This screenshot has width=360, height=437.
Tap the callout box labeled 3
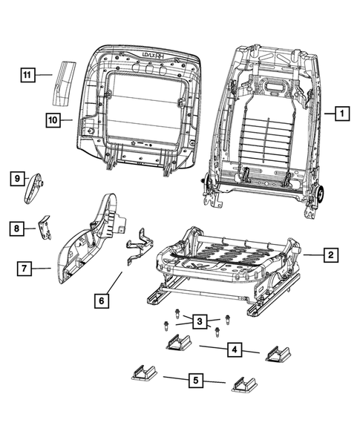pos(199,321)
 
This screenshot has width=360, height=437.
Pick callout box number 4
pos(232,348)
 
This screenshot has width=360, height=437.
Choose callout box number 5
pos(195,381)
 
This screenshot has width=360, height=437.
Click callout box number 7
pos(24,269)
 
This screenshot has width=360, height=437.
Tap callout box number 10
pos(53,118)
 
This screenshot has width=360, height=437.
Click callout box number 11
pos(27,74)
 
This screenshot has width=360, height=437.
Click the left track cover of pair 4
pos(177,344)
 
